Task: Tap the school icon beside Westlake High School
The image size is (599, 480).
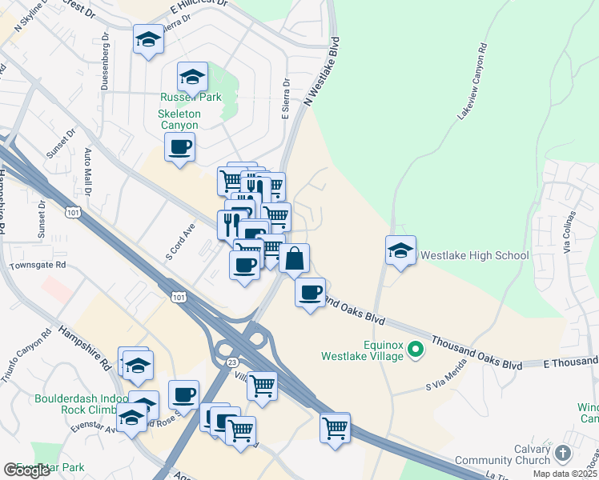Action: (400, 251)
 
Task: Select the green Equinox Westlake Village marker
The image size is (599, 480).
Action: (416, 349)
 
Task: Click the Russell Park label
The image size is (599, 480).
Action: (190, 98)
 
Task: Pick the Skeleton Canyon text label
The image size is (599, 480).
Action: (179, 120)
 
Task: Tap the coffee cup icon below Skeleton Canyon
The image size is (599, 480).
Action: (179, 148)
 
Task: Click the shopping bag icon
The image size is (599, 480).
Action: (294, 258)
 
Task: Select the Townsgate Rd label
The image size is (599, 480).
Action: (38, 264)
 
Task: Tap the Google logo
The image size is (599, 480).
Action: (27, 470)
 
